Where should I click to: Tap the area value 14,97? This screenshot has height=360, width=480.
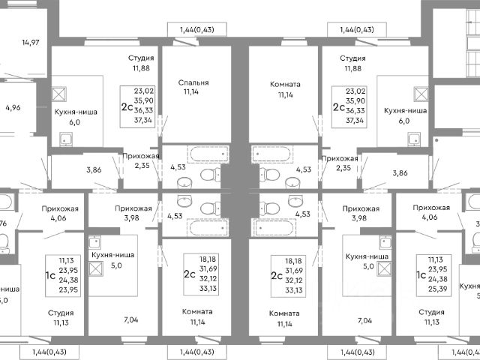click(30, 41)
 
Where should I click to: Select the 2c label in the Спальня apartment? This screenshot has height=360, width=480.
click(126, 107)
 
